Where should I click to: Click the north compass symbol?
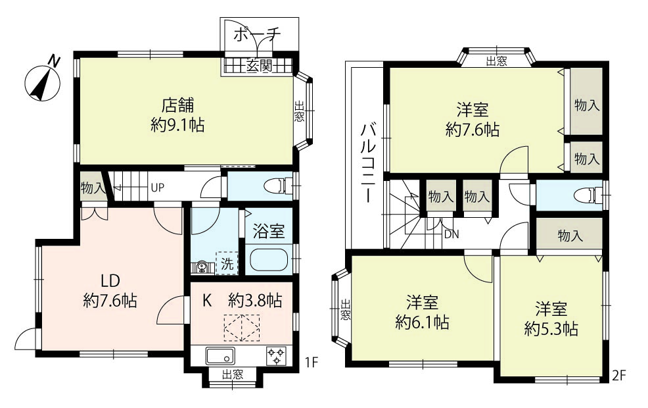click(x=43, y=82)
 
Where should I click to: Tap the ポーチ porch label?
click(x=257, y=35)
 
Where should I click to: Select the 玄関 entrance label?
click(x=259, y=65)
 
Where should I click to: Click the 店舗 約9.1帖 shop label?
click(x=177, y=115)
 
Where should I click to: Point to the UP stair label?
click(x=158, y=188)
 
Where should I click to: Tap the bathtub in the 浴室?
click(x=270, y=260)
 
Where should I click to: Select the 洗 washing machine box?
click(x=227, y=263)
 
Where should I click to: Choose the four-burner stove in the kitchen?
click(x=276, y=356)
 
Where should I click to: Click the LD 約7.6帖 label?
click(x=110, y=290)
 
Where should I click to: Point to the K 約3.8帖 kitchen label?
click(x=242, y=301)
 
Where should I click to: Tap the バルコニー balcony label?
click(x=368, y=163)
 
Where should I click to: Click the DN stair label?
click(x=451, y=234)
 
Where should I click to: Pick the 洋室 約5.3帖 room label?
click(x=551, y=319)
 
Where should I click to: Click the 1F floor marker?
click(x=312, y=363)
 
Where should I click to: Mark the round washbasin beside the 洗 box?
click(x=202, y=267)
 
